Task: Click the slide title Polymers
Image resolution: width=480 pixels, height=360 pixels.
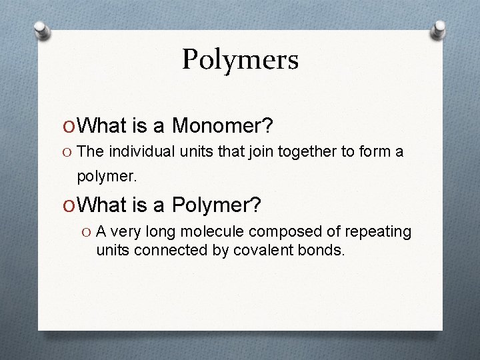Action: [x=240, y=59]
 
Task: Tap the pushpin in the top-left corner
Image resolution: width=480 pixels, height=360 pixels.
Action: [x=41, y=29]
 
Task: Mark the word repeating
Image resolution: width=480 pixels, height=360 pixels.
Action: [x=380, y=232]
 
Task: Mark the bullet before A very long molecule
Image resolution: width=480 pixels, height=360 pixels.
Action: [x=85, y=232]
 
